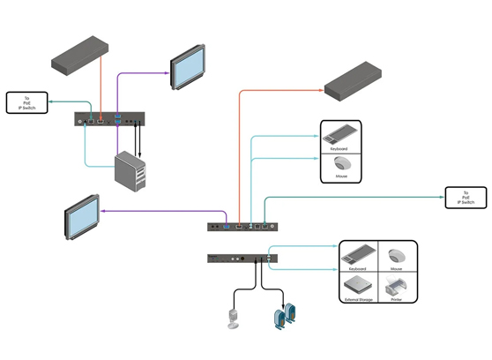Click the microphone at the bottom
coord(234,317)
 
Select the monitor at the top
coord(190,65)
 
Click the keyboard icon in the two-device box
coord(339,136)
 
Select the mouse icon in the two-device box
coord(340,164)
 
